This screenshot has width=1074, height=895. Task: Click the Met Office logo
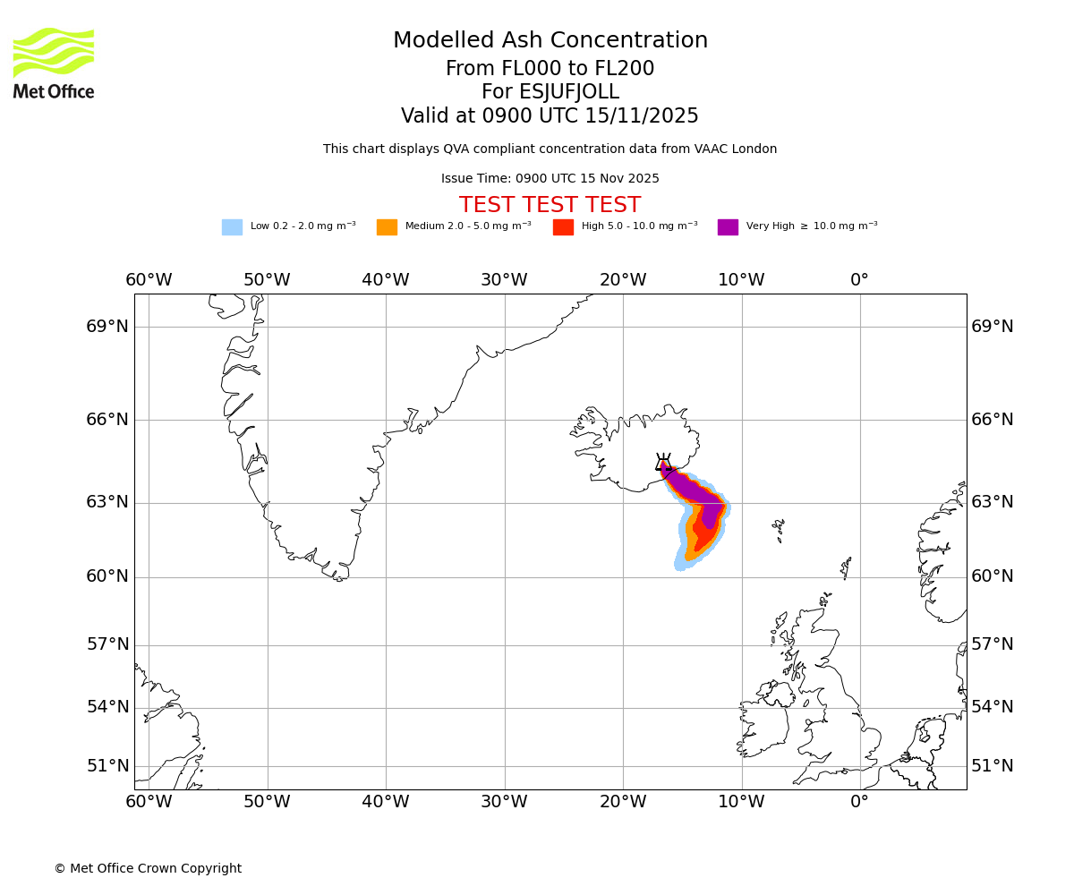coord(54,63)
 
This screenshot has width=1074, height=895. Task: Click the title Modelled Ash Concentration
coord(550,41)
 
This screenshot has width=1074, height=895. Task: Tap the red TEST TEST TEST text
coord(550,205)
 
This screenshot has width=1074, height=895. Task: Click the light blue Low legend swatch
coord(232,227)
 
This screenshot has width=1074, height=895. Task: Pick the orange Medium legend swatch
coord(387,227)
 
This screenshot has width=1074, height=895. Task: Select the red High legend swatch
coord(563,227)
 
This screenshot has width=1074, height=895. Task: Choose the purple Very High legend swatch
coord(728,227)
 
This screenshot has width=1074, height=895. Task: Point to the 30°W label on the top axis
coord(504,280)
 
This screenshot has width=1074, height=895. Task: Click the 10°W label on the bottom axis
coord(741,802)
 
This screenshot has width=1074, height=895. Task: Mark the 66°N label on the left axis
coord(107,420)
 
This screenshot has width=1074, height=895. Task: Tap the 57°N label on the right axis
coord(993,644)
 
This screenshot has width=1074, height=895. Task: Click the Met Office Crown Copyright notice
coord(148,868)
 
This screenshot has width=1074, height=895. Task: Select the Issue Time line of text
coord(550,179)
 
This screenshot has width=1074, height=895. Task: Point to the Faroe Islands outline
coord(779,530)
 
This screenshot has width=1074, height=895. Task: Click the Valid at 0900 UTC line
coord(550,116)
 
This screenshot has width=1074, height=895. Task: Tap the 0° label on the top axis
coord(859,280)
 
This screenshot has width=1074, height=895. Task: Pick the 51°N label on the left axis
coord(107,766)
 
